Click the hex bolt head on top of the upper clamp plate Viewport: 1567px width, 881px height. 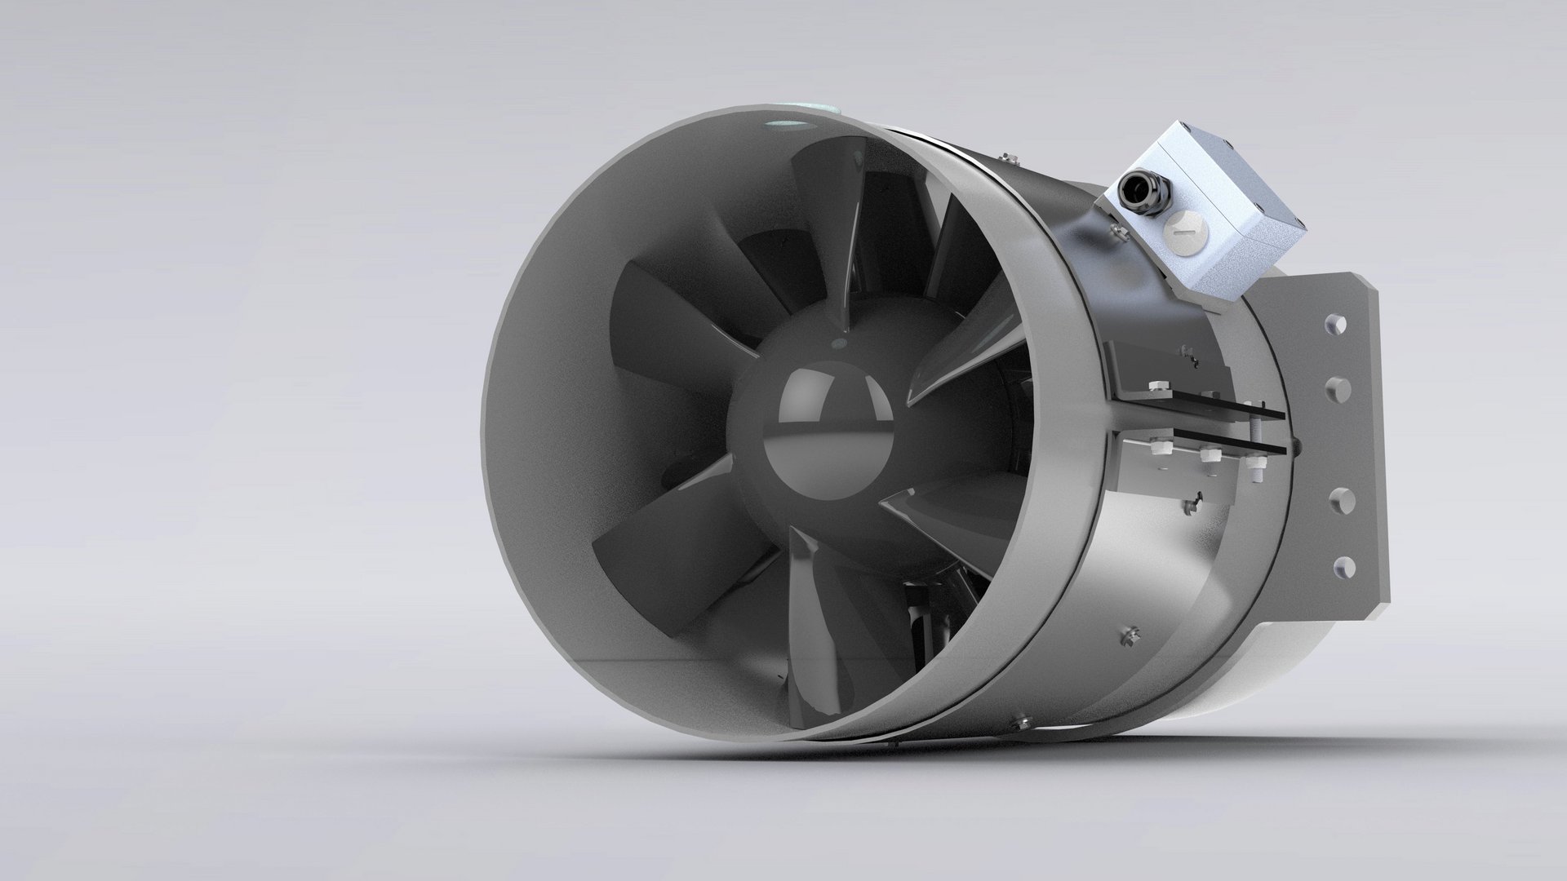coord(1159,385)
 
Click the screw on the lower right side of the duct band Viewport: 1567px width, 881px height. coord(1130,632)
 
